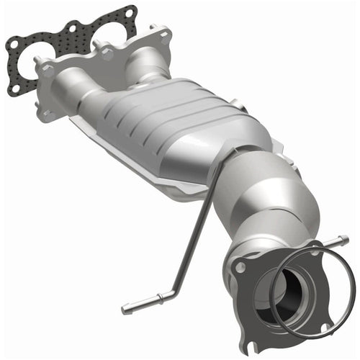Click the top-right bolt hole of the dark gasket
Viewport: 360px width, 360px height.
(x=130, y=12)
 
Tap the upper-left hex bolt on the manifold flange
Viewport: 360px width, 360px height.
(x=48, y=71)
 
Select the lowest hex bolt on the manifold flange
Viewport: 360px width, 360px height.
(x=48, y=114)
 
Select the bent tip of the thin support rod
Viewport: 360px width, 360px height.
(x=130, y=308)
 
